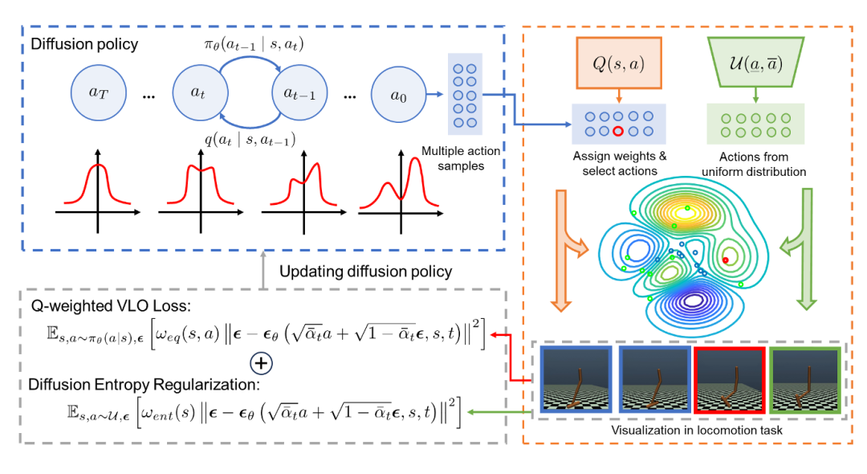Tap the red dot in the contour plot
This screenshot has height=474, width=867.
point(726,260)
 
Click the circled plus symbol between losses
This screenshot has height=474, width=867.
point(260,363)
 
